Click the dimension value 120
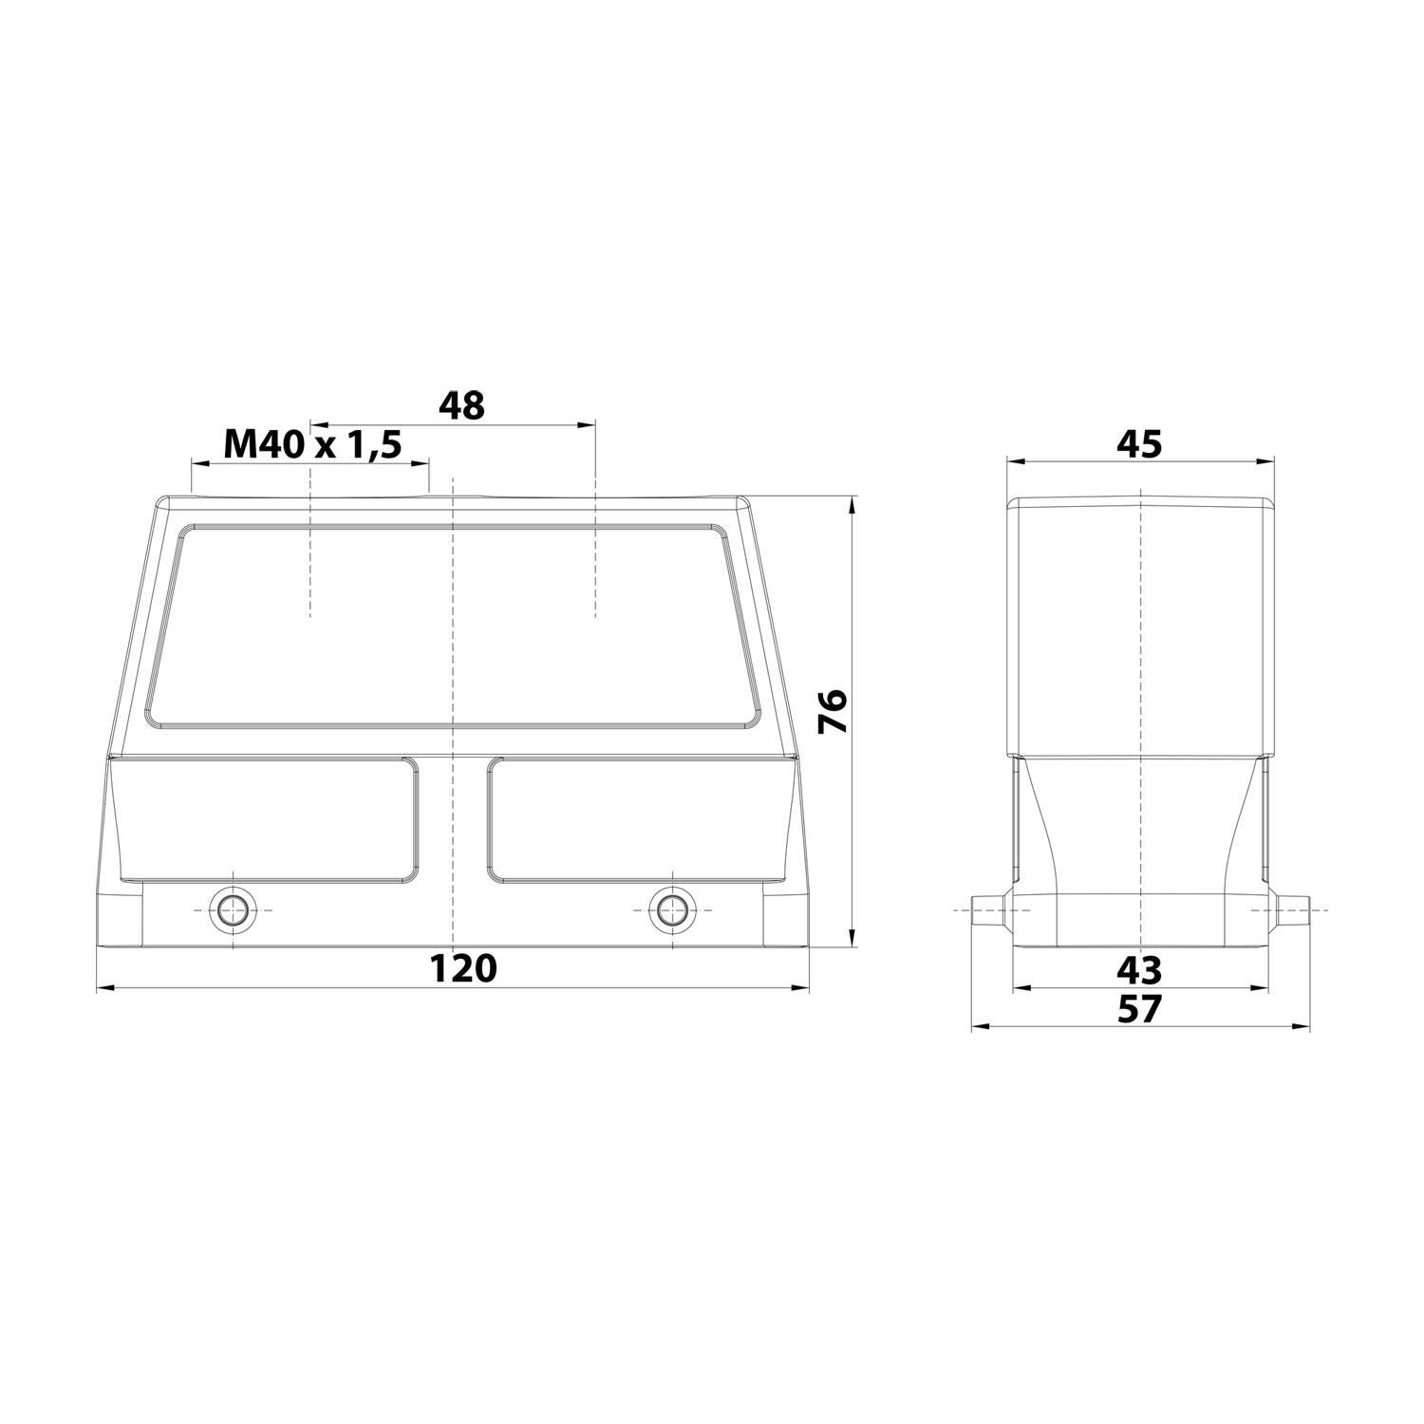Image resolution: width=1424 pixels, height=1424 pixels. pyautogui.click(x=463, y=969)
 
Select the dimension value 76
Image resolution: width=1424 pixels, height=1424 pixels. pyautogui.click(x=833, y=710)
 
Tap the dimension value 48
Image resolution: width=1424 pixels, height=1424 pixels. pyautogui.click(x=461, y=405)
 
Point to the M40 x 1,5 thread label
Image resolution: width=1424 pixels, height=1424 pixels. pyautogui.click(x=312, y=443)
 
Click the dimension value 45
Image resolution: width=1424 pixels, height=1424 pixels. pyautogui.click(x=1139, y=443)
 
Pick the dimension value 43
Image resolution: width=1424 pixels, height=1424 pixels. pyautogui.click(x=1139, y=969)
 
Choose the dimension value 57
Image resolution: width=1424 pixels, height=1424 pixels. pyautogui.click(x=1139, y=1008)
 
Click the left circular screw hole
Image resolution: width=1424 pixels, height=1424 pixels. pyautogui.click(x=232, y=909)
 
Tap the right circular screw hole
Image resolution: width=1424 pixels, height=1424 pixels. pyautogui.click(x=671, y=909)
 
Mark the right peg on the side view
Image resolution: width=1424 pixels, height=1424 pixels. pyautogui.click(x=1289, y=909)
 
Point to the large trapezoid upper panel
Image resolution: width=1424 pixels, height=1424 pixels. pyautogui.click(x=454, y=627)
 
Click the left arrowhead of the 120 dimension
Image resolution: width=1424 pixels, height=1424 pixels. pyautogui.click(x=103, y=989)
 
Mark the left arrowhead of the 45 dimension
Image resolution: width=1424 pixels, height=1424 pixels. pyautogui.click(x=1013, y=462)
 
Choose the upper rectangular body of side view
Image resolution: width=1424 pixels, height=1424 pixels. pyautogui.click(x=1139, y=627)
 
